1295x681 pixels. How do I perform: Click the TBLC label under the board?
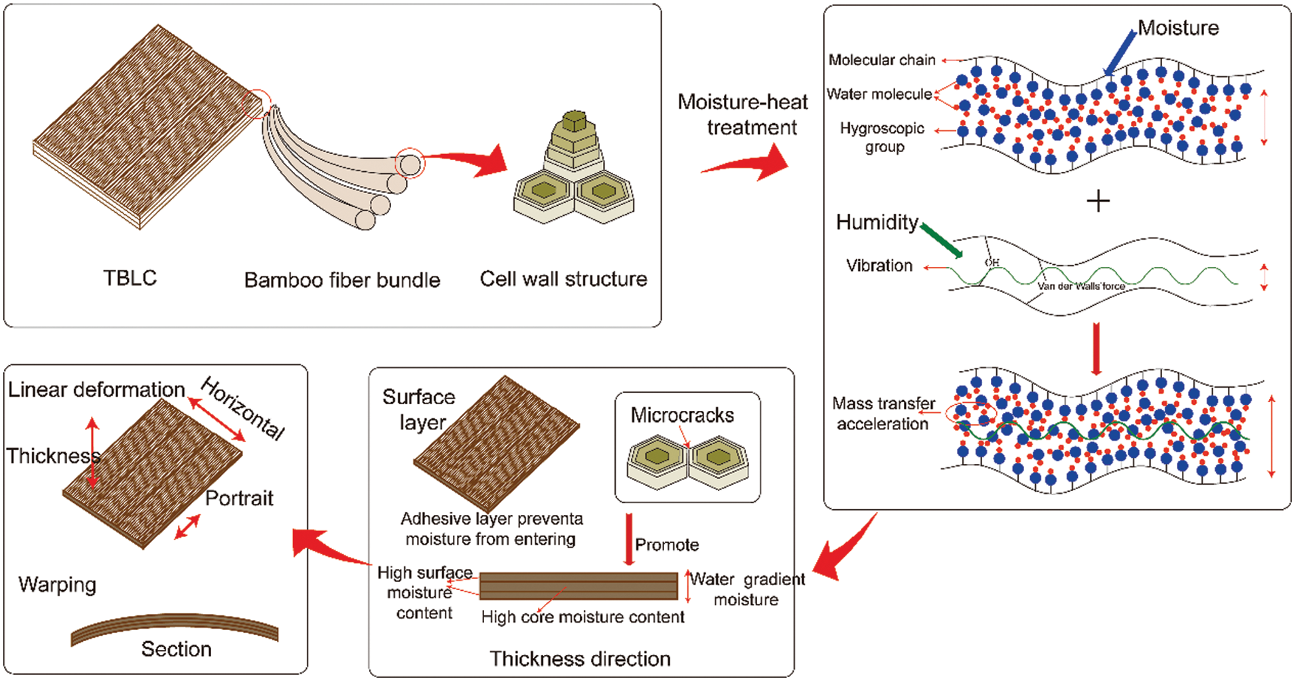[130, 277]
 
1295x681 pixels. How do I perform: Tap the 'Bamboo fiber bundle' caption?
[342, 280]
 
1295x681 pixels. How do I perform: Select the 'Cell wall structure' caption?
[563, 279]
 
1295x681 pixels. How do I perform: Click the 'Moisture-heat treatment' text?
[744, 114]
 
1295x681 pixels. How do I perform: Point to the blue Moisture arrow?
[1120, 52]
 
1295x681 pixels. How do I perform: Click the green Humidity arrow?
[942, 241]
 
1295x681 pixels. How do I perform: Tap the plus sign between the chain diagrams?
[1098, 200]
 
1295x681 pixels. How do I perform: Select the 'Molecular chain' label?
[882, 60]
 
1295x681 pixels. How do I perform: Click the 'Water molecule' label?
[879, 94]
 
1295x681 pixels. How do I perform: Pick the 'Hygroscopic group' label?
[883, 137]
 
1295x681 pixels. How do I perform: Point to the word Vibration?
[879, 265]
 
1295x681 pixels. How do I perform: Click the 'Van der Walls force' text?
[1081, 286]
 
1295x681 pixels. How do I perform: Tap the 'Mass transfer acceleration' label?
[883, 414]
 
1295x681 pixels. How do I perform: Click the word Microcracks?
[682, 415]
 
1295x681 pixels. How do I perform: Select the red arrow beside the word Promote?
[629, 539]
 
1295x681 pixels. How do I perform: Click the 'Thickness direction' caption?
[580, 658]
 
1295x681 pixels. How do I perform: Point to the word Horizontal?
[243, 408]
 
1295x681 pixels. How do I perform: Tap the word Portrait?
[239, 498]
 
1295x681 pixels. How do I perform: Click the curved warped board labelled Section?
[175, 626]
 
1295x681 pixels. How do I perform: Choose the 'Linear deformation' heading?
[96, 390]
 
